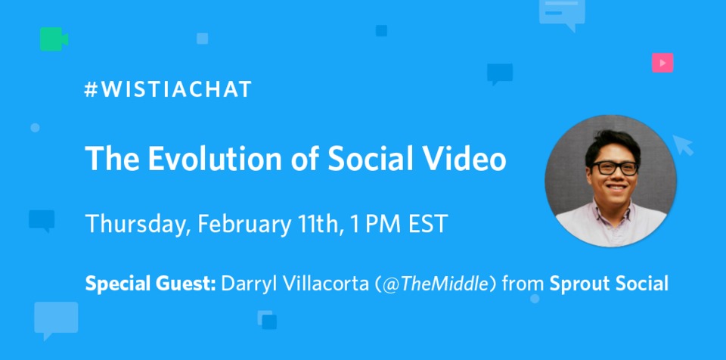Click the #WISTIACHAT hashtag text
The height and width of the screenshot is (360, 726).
coord(168,90)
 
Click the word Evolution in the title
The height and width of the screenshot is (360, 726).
coord(199,159)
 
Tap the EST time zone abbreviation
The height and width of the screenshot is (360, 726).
coord(430,225)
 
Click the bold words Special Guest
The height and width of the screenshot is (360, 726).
coord(151,284)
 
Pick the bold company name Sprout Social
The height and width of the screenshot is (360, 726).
coord(609,284)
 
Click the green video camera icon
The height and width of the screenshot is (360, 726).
coord(53,39)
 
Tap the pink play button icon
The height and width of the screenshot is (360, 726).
coord(662,64)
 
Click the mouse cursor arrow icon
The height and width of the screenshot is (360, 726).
coord(684,144)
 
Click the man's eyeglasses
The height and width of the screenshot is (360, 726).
coord(613,168)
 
